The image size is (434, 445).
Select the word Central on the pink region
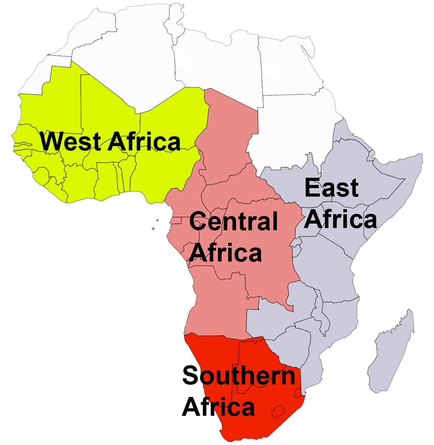(x=233, y=221)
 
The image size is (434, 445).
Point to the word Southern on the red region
(x=238, y=376)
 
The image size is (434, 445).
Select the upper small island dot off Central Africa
(x=157, y=220)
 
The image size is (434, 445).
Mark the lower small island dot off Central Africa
(x=153, y=229)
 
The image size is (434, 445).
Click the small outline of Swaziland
(x=297, y=393)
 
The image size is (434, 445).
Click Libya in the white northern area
(x=217, y=63)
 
